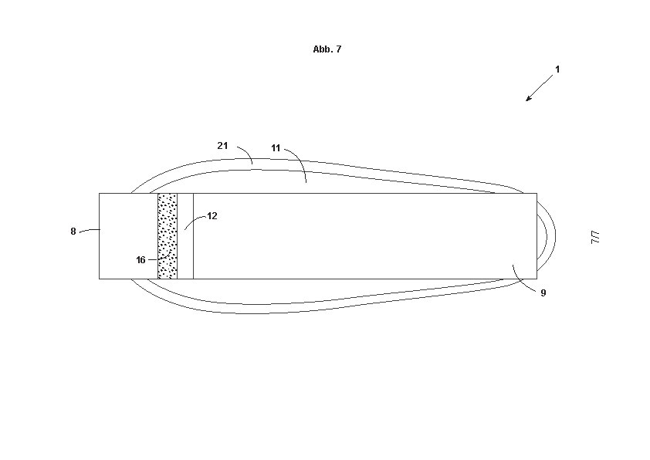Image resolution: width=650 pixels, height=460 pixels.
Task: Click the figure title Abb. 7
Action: [327, 49]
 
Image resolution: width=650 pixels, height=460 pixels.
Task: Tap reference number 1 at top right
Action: [557, 69]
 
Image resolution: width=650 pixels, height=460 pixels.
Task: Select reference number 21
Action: [222, 145]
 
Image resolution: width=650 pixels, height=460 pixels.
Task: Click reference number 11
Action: [276, 148]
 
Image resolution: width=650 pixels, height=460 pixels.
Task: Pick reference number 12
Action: [212, 216]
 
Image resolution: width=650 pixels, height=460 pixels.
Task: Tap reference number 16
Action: [141, 260]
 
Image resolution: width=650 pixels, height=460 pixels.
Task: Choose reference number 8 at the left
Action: [73, 232]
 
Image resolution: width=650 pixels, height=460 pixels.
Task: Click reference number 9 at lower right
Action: [543, 293]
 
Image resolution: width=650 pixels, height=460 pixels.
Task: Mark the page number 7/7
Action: [595, 238]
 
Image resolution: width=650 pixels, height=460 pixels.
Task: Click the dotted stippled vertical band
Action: [168, 236]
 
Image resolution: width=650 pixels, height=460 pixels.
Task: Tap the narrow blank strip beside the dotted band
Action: [185, 236]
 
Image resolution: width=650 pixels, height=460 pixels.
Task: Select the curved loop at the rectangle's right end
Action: [547, 236]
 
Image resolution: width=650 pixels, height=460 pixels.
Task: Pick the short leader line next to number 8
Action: [90, 231]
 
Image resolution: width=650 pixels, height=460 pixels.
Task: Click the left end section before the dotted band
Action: [128, 236]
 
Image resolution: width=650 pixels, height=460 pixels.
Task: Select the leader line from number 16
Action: [161, 256]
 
